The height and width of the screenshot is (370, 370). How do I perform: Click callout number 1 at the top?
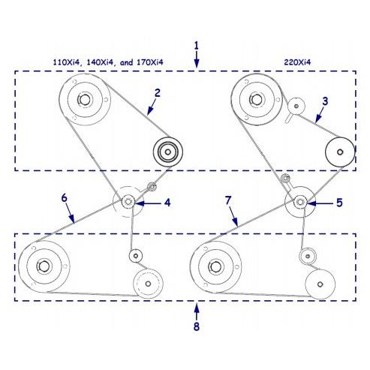point(197,46)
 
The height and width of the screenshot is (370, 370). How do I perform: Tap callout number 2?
point(157,93)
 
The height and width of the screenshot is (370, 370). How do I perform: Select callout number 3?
point(325,101)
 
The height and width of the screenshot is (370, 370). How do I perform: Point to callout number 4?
point(167,203)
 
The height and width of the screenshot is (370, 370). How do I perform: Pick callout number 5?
point(339,203)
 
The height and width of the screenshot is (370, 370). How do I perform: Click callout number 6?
point(65,198)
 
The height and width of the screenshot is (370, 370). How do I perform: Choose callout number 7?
point(227,200)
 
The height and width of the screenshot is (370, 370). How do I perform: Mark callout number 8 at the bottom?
point(197,326)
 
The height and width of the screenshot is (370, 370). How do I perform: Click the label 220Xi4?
point(297,62)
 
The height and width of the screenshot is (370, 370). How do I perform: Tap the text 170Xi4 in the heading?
point(150,62)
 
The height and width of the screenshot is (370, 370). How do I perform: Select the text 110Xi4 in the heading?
point(67,62)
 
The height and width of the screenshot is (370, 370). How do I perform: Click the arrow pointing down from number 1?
point(197,59)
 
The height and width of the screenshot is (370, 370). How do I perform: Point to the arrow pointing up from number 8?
point(197,311)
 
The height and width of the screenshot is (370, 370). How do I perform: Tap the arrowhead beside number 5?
point(310,203)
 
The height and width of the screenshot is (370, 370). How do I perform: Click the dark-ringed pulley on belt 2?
point(168,152)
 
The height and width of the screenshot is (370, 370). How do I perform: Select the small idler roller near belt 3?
point(296,106)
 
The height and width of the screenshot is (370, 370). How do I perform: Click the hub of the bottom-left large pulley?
point(44,266)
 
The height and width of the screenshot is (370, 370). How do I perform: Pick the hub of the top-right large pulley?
point(256,100)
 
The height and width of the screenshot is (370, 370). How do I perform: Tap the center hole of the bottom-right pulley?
point(320,284)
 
